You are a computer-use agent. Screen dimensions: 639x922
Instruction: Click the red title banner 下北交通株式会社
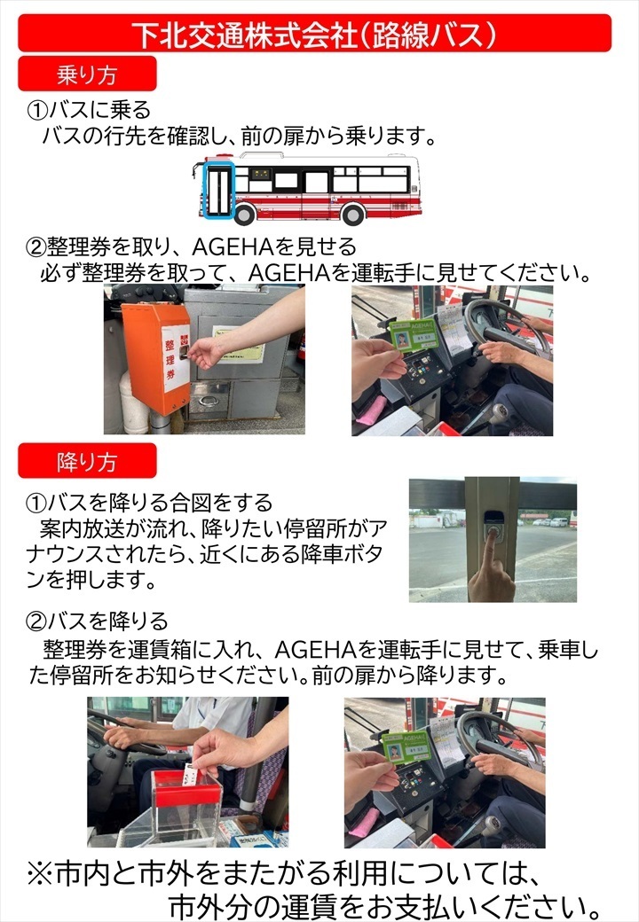coord(315,34)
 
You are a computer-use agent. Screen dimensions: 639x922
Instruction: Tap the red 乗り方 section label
coord(87,74)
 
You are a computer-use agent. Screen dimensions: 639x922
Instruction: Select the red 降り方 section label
coord(87,461)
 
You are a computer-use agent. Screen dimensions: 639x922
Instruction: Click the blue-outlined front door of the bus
coord(219,191)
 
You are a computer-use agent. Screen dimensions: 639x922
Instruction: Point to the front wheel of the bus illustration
coord(243,214)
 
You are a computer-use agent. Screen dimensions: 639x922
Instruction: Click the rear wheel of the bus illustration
coord(352,214)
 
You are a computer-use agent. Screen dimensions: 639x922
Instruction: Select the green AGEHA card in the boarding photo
coord(412,335)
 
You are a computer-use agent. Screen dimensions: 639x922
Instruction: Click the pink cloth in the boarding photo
coord(370,410)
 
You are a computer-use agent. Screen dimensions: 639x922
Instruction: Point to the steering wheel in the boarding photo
coord(507,329)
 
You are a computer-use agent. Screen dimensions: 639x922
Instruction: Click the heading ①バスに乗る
coord(88,109)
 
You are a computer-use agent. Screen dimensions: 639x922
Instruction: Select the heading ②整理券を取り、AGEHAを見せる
coord(191,247)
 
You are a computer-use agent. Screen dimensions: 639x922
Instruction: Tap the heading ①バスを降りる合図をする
coord(149,502)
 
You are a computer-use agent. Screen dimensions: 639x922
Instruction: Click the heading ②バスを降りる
coord(97,621)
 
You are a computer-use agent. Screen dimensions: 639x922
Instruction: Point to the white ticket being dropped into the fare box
coord(189,776)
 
